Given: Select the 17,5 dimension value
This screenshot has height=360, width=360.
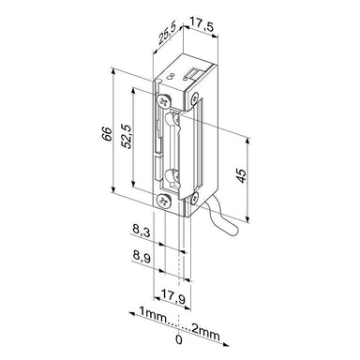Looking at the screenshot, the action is pyautogui.click(x=202, y=24).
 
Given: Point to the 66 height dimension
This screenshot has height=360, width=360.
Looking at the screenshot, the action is pyautogui.click(x=107, y=134).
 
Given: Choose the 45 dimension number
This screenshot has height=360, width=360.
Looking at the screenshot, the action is pyautogui.click(x=241, y=176).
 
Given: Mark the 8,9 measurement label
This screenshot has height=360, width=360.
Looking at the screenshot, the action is pyautogui.click(x=142, y=258).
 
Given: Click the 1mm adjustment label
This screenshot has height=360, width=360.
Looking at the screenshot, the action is pyautogui.click(x=153, y=313).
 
